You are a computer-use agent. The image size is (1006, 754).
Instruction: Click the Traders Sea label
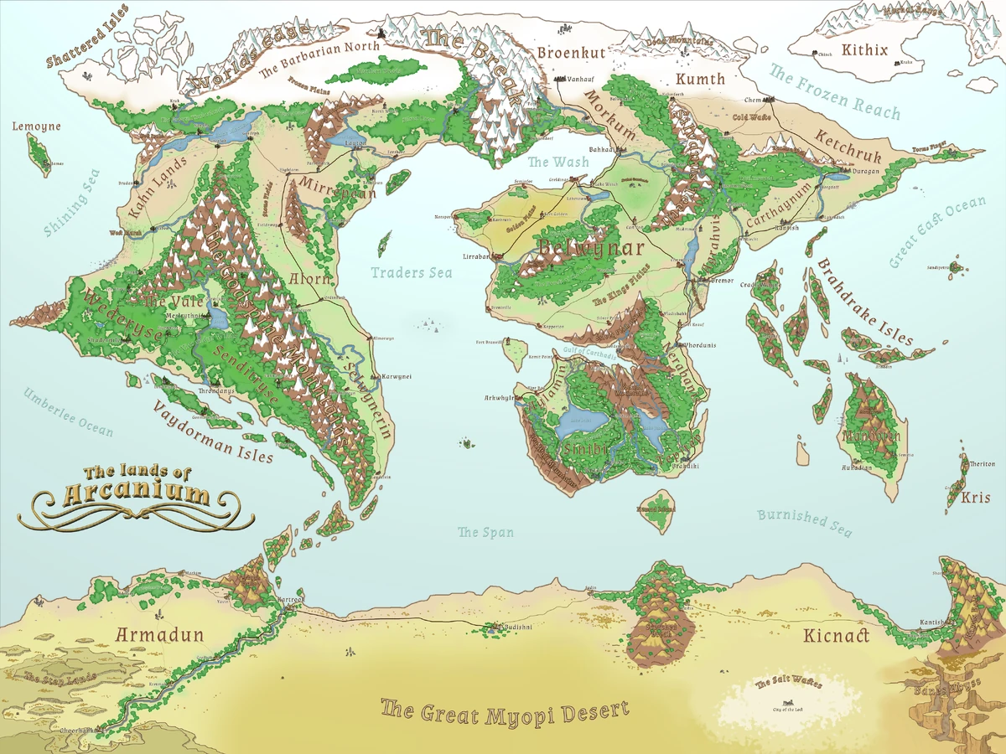tap(412, 272)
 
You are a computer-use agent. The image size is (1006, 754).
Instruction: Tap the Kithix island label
tap(864, 50)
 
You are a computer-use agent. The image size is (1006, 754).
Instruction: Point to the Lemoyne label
tap(36, 127)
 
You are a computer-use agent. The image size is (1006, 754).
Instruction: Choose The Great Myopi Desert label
tap(504, 712)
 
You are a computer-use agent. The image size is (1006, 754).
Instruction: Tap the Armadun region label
tap(159, 634)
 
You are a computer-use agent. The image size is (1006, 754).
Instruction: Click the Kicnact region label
tap(835, 636)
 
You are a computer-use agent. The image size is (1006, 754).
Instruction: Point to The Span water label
tap(485, 532)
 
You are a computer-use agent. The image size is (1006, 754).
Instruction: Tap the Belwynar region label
tap(592, 248)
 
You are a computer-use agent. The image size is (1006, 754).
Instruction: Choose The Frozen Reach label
tap(834, 91)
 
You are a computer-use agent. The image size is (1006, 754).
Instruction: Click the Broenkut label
tap(571, 52)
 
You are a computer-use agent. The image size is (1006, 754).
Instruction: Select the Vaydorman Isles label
tap(213, 431)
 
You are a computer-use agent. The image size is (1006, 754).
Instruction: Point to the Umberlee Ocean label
tap(68, 411)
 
